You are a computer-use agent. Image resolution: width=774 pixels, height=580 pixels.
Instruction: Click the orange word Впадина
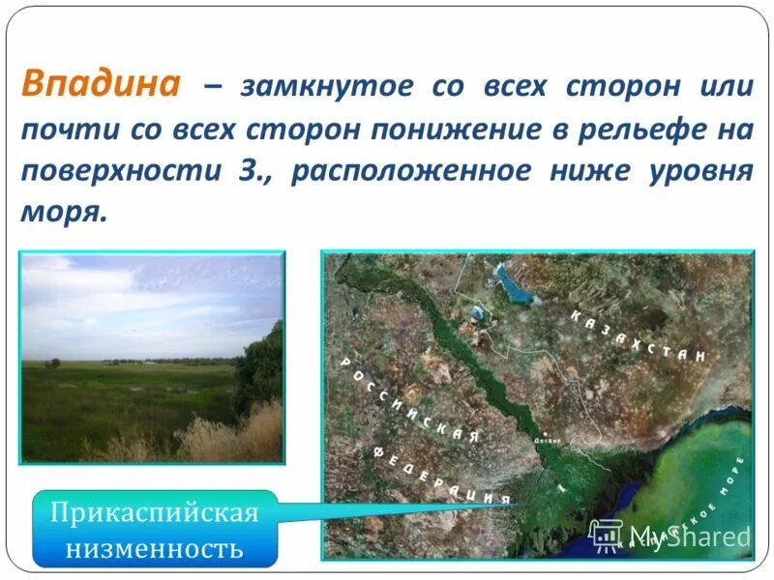[101, 84]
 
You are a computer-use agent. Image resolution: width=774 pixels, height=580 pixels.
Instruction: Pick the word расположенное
[410, 171]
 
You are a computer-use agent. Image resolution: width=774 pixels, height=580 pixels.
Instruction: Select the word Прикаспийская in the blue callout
[155, 512]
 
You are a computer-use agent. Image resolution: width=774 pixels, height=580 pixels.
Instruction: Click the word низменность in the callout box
[155, 549]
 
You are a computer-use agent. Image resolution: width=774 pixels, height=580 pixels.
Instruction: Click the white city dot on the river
[547, 433]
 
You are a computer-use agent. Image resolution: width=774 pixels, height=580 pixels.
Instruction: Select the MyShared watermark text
[689, 536]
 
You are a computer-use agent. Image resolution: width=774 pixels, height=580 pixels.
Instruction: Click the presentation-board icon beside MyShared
[606, 536]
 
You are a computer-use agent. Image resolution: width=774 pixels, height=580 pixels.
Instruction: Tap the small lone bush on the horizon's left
[53, 362]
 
